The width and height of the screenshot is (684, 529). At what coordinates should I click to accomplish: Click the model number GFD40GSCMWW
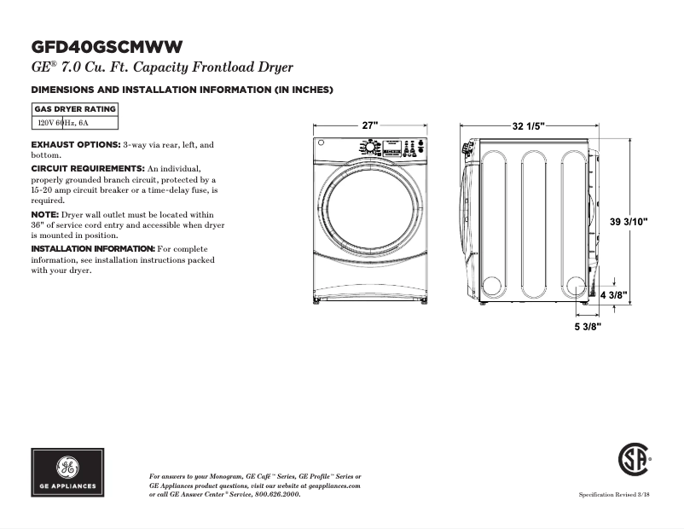point(107,46)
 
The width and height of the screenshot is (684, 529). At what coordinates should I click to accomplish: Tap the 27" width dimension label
point(369,125)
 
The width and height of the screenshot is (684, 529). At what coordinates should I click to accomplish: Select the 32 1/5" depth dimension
point(529,125)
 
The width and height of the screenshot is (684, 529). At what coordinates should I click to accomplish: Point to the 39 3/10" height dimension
point(629,222)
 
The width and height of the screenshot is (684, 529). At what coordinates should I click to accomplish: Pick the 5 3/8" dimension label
point(587,326)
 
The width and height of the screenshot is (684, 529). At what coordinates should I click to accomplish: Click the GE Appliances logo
point(67,472)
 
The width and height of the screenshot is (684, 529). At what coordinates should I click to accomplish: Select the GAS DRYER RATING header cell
point(74,109)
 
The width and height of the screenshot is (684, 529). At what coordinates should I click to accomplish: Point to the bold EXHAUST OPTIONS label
point(76,145)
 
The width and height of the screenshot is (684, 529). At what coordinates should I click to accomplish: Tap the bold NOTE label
point(44,214)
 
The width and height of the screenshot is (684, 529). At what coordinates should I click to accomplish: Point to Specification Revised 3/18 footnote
point(615,495)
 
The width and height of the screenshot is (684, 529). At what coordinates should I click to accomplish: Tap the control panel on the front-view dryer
point(392,147)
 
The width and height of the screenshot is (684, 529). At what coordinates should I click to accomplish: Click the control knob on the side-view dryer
point(467,150)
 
